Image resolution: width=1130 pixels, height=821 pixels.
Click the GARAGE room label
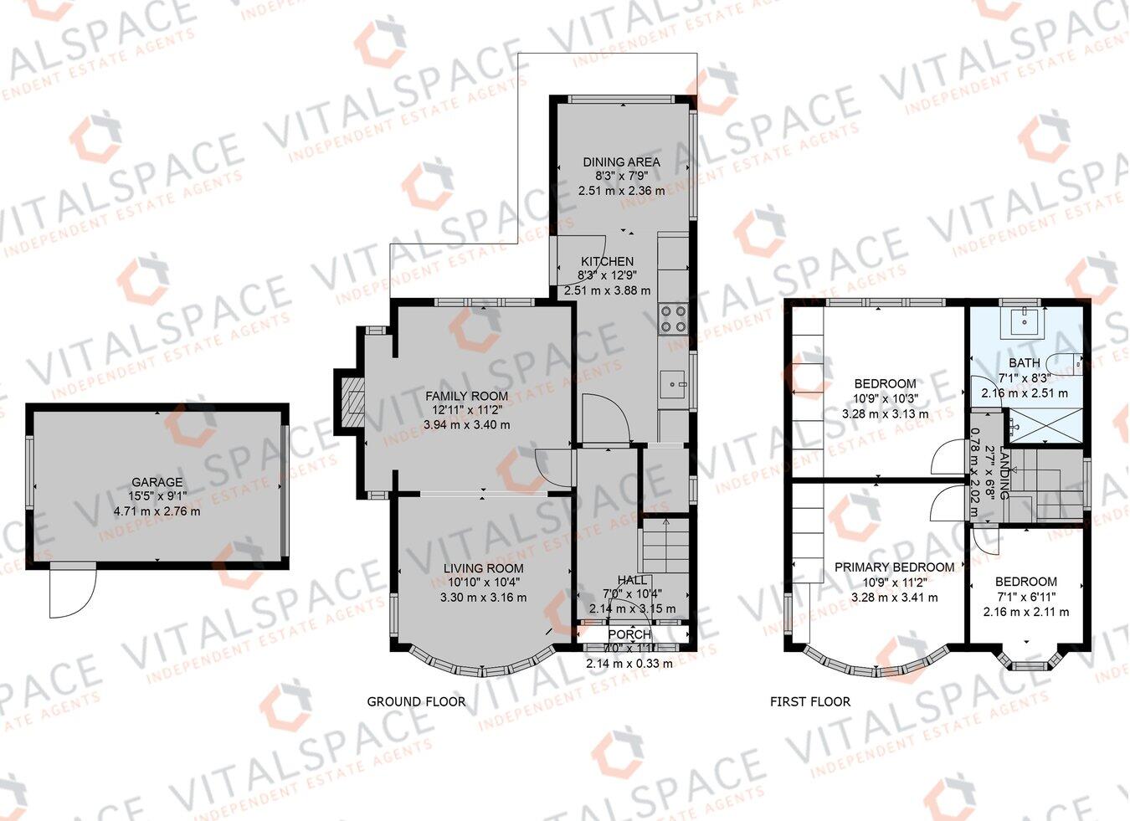157,482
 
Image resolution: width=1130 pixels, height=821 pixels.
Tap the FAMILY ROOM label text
466,396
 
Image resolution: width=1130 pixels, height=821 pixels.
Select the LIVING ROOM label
483,567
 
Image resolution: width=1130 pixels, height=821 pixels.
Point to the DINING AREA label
621,162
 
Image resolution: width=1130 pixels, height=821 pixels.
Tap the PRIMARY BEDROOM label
894,567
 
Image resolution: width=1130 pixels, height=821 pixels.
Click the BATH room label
1024,362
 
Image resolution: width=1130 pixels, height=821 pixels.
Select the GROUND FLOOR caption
416,701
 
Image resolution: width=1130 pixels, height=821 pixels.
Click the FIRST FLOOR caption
809,701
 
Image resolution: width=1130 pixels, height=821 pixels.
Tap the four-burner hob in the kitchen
674,318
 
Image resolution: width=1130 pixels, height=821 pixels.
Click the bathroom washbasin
1024,319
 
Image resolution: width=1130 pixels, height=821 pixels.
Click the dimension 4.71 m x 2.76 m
157,511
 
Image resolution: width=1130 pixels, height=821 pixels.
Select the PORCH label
629,634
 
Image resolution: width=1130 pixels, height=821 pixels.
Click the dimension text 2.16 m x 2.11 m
1025,611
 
